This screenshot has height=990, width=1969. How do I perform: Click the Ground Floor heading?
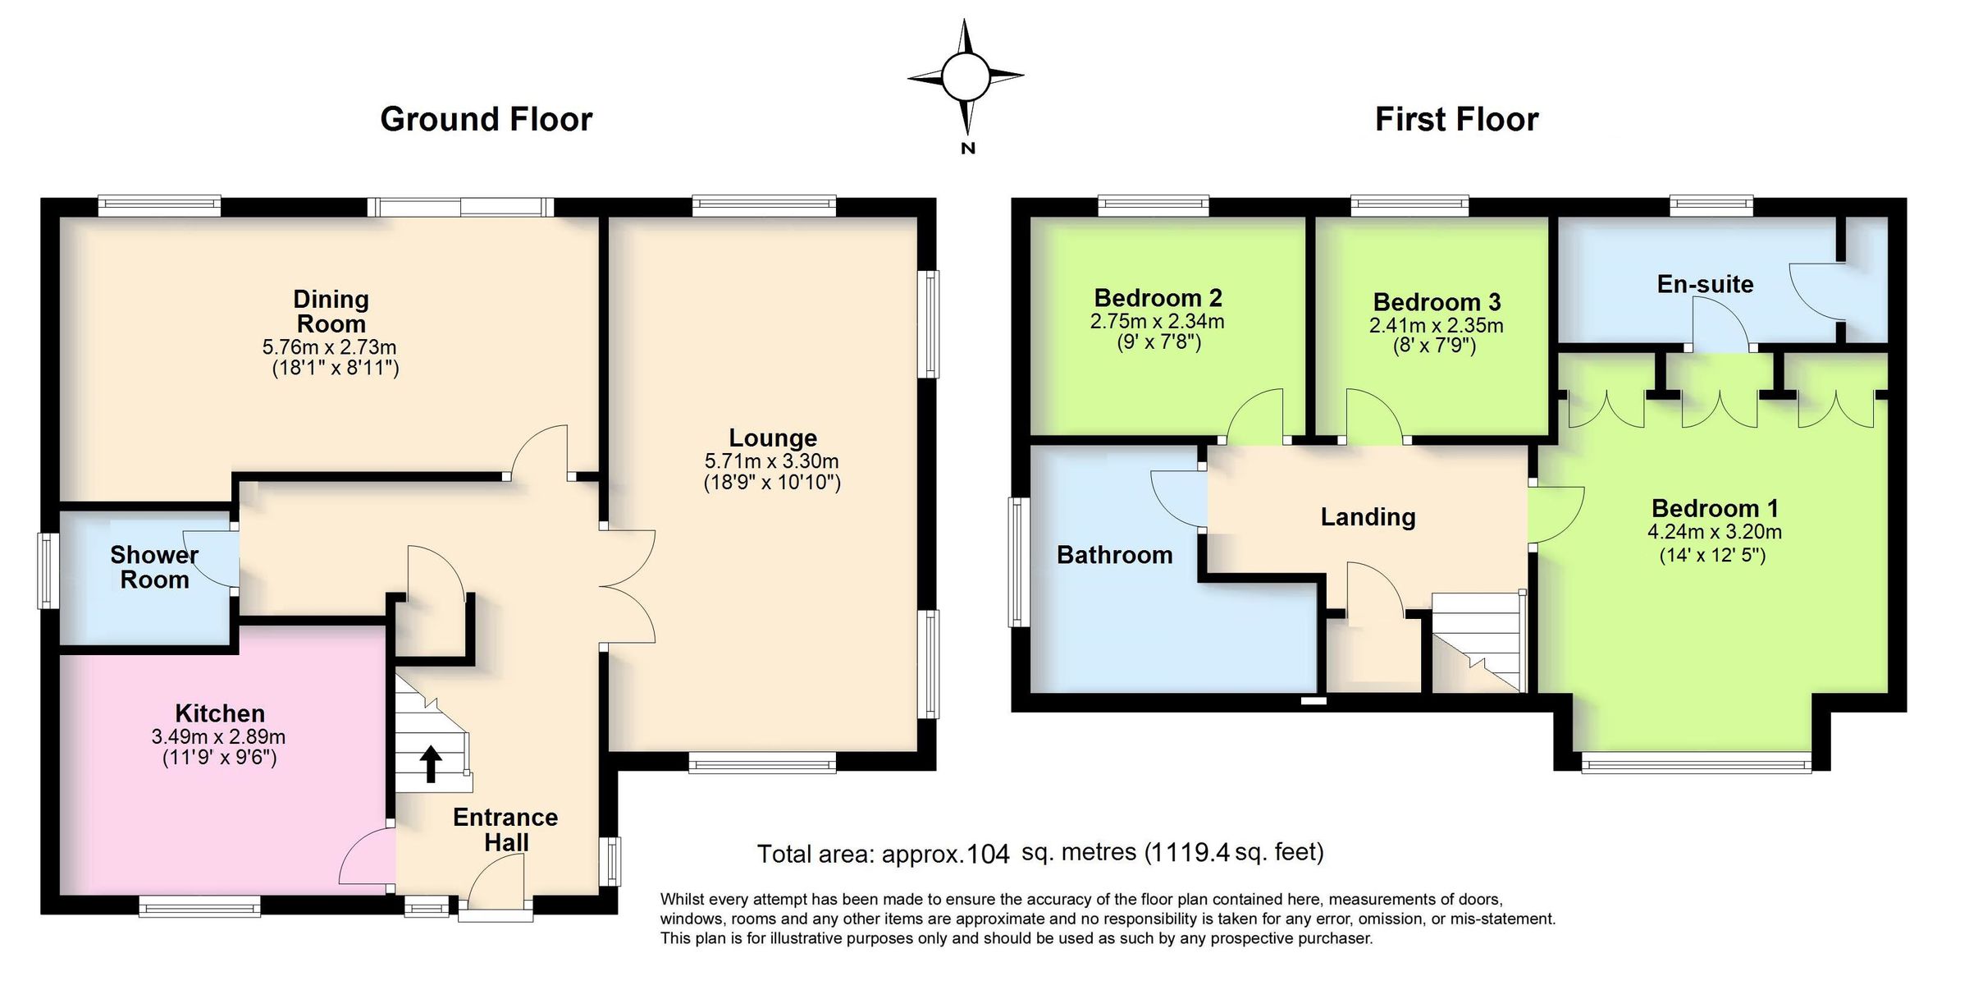click(486, 120)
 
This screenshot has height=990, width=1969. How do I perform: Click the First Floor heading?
click(1456, 120)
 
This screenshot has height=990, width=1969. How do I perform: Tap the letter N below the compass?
click(967, 149)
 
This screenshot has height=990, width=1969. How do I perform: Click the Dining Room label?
click(331, 311)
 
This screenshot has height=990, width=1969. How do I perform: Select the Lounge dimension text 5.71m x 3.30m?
click(771, 461)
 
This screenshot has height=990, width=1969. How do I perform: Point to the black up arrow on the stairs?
click(430, 763)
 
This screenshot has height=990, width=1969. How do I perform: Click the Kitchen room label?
click(220, 713)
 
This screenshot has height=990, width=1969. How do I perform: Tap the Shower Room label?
click(154, 567)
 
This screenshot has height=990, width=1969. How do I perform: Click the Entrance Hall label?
click(505, 829)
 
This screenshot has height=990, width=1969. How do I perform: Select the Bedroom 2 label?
click(1158, 297)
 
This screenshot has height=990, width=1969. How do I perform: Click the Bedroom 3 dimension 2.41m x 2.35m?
click(1436, 325)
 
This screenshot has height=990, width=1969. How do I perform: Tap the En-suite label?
click(1705, 284)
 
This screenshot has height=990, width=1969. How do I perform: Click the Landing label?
click(1368, 516)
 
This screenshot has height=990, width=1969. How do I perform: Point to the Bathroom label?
click(1114, 555)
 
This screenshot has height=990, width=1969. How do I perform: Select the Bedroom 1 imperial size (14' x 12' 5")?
click(1712, 555)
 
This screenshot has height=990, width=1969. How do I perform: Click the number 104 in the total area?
click(988, 855)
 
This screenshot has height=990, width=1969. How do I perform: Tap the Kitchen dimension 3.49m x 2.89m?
click(218, 736)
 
